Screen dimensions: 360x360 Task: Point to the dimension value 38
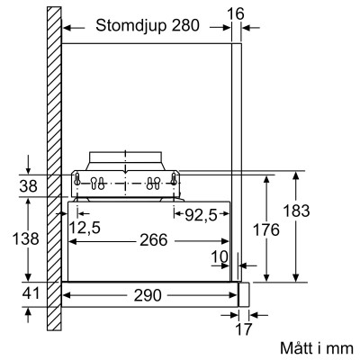coord(29,187)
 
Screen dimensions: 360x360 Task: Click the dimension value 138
coord(29,239)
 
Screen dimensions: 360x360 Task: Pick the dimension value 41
coord(29,294)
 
